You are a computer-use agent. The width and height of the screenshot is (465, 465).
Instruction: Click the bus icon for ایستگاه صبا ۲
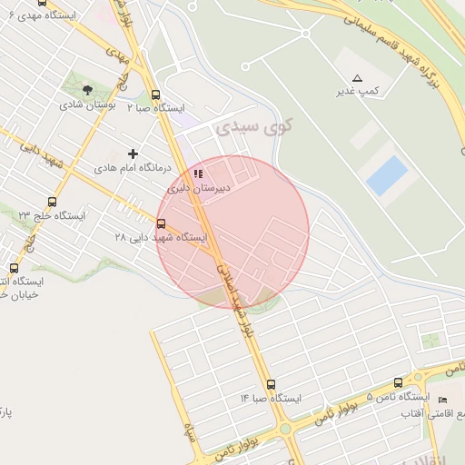155,94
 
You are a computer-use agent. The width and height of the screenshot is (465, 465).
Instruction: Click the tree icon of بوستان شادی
87,90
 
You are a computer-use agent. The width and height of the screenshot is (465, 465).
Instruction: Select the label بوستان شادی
84,104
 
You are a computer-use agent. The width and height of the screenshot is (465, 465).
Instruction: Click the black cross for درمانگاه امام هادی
133,154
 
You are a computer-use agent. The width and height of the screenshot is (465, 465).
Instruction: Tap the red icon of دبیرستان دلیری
198,174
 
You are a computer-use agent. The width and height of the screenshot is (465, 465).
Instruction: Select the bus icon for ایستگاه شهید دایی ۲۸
161,223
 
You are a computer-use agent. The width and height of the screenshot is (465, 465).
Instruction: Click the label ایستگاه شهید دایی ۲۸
160,238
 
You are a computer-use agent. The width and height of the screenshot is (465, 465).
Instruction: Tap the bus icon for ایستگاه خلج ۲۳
52,202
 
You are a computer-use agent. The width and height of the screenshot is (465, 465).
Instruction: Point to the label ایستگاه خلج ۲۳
52,215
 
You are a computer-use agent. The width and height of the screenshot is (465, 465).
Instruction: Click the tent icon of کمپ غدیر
357,78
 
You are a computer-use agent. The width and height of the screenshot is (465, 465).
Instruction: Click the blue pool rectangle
386,175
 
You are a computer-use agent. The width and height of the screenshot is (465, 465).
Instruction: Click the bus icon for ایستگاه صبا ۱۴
270,384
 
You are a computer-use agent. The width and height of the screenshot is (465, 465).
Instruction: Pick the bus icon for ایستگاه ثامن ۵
398,383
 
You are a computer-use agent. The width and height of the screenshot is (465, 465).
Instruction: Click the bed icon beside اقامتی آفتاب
442,401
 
